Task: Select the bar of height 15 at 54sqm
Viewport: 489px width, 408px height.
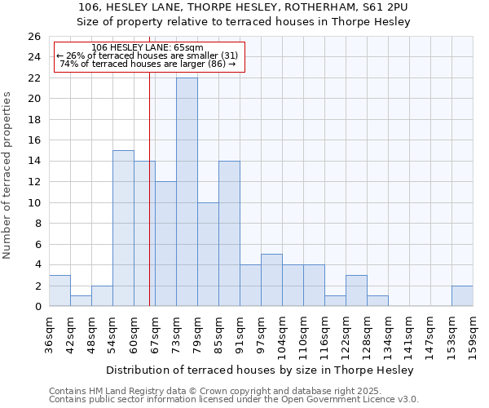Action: [x=123, y=228]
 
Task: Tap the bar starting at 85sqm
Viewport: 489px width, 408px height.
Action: [x=229, y=233]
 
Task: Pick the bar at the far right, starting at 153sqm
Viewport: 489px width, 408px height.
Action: [x=462, y=296]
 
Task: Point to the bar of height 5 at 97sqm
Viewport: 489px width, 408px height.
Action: [x=271, y=280]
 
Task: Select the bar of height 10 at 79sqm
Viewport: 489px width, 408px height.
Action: [x=208, y=254]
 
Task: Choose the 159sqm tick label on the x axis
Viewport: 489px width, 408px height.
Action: [x=473, y=335]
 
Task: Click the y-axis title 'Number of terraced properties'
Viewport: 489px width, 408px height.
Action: [x=8, y=175]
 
